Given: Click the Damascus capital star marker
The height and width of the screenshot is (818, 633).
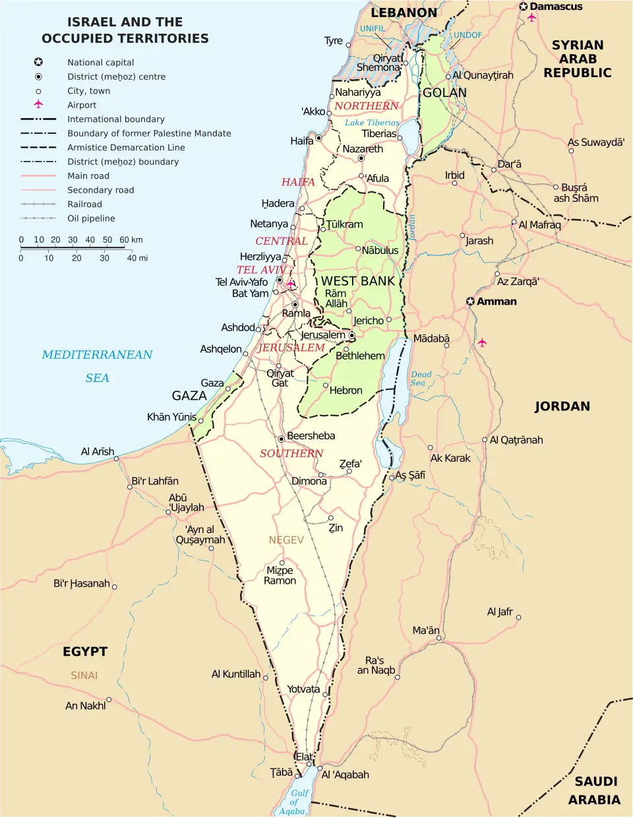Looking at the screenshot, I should pos(524,7).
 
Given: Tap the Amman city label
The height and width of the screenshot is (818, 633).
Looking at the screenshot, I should pos(497,301).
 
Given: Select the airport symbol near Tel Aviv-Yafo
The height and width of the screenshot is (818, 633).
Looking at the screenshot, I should pos(291,284).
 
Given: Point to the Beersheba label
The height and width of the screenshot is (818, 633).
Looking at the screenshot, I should pos(311,436).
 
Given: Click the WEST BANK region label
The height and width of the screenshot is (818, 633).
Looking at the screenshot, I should pos(358,281).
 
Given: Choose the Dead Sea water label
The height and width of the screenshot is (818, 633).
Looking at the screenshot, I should pos(420,378).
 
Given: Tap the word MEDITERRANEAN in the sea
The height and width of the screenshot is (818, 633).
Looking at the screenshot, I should pos(97,355).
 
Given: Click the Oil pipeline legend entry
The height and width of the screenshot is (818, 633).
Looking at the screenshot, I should pos(91,218).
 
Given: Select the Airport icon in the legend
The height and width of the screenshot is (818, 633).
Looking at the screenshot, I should pos(38,104).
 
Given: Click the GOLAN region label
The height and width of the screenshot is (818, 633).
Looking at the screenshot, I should pos(444,93).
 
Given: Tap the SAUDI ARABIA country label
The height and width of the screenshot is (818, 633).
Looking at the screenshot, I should pos(595,790).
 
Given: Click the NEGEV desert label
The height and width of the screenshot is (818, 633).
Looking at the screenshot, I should pos(286,540).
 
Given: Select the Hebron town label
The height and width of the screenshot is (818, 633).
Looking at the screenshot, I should pos(346,391).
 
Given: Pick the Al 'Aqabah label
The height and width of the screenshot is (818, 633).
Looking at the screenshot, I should pos(345,775).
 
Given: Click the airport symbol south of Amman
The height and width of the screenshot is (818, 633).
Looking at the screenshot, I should pos(482,342).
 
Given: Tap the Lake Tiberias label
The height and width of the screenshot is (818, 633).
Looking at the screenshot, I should pos(372,123).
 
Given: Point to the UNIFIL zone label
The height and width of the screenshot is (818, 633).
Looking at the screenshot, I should pos(373,28).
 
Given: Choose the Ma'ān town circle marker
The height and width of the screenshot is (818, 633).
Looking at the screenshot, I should pos(438,638).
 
